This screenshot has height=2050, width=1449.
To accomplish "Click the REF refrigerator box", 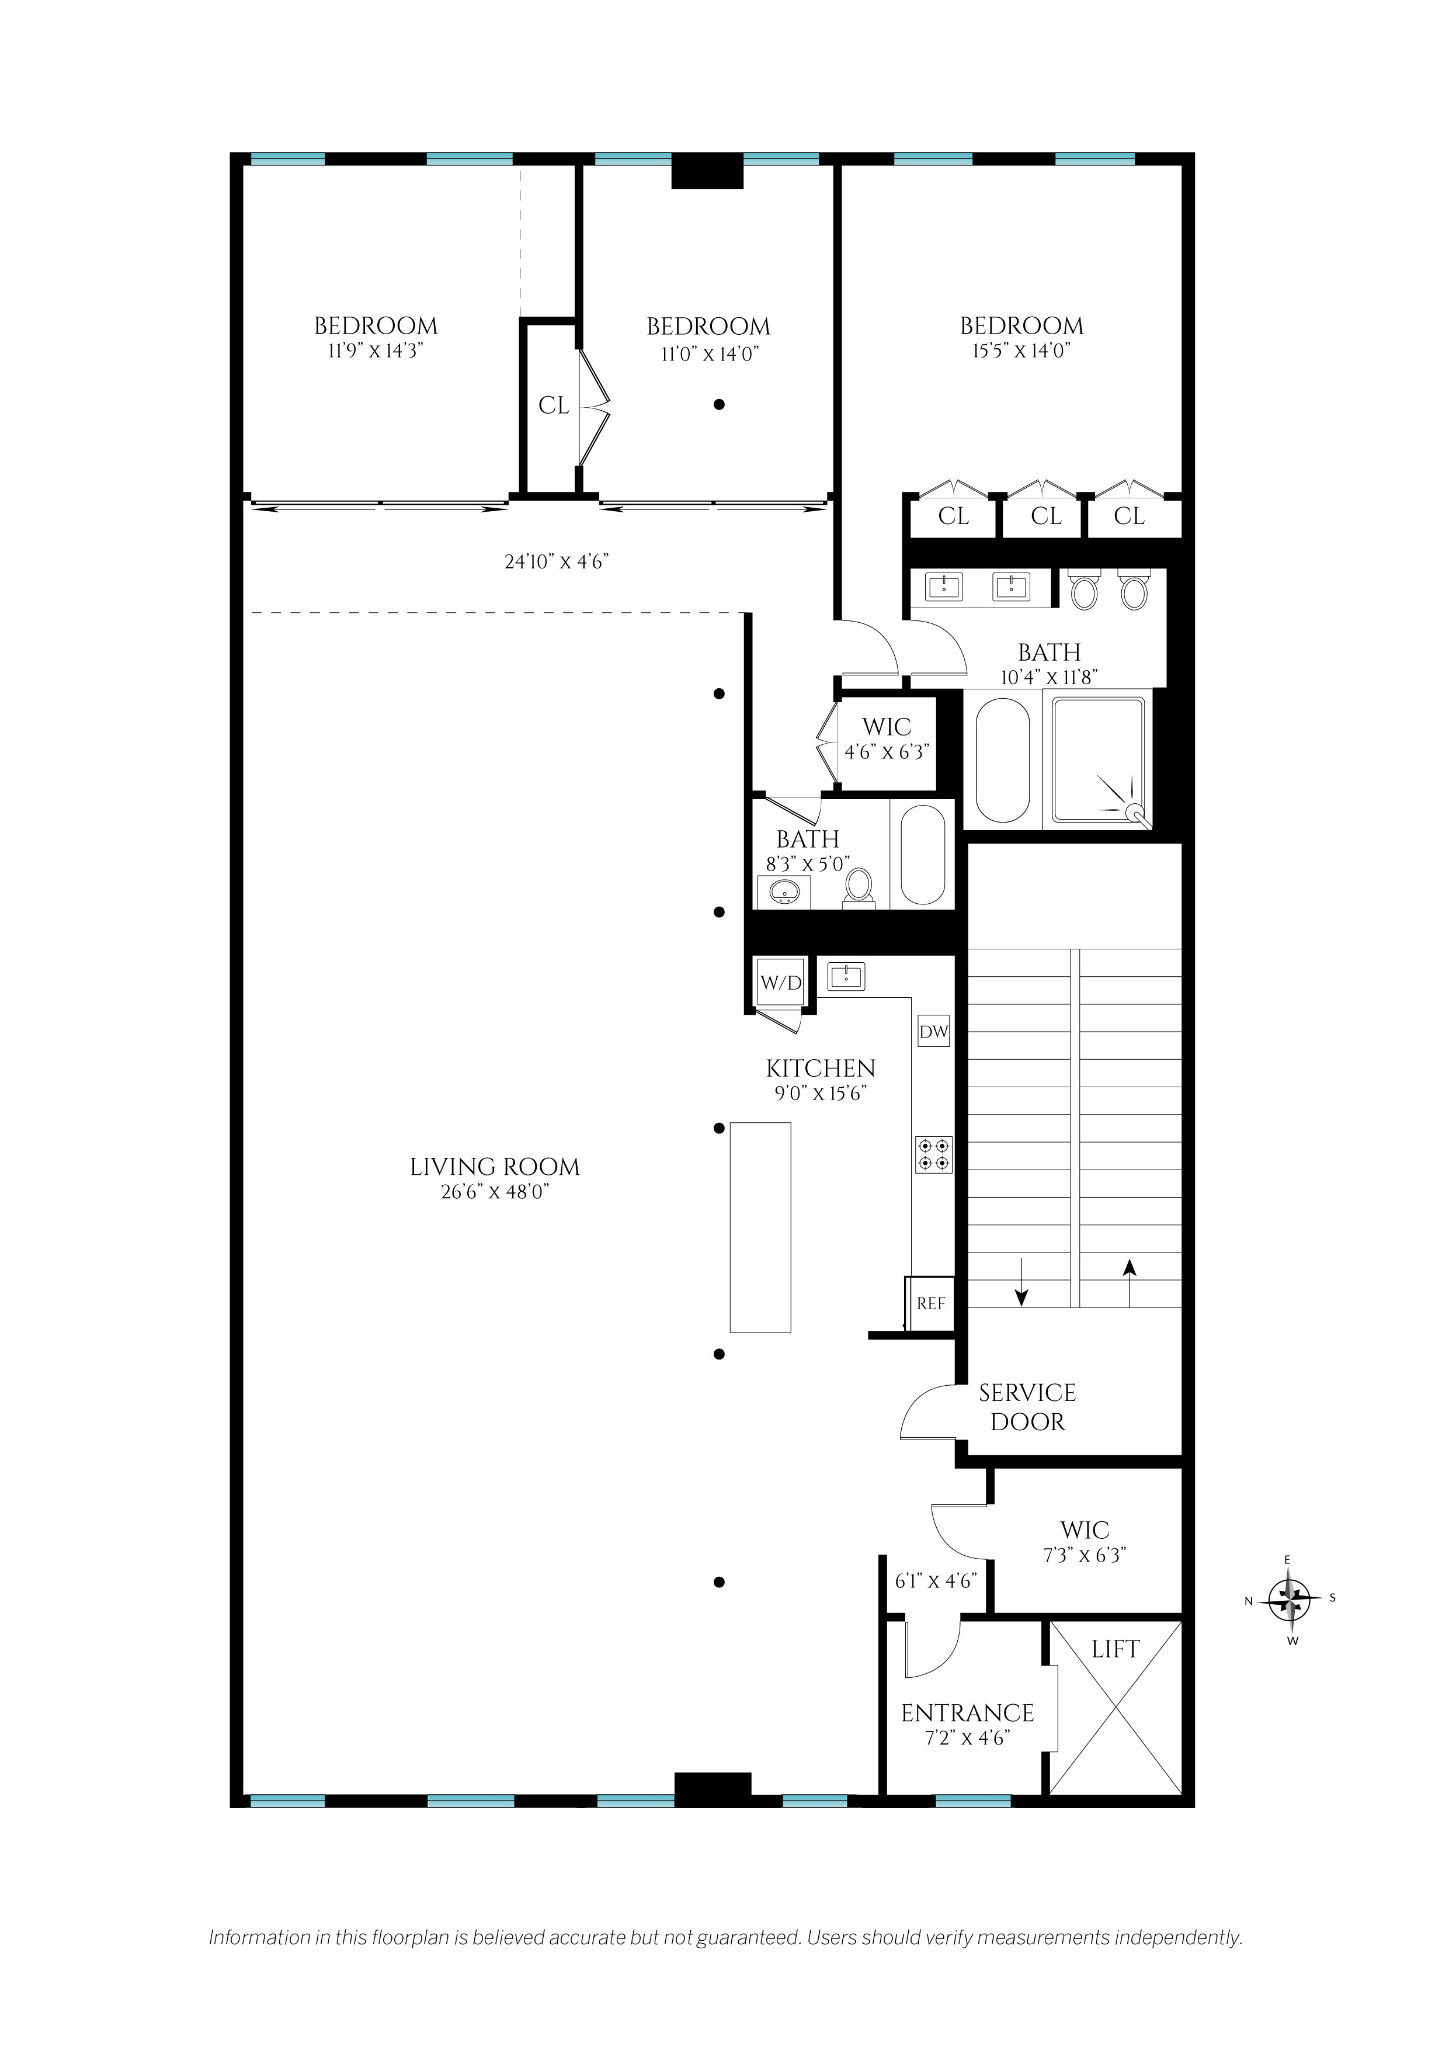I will click(x=930, y=1303).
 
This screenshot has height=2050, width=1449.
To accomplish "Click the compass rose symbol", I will click(x=1290, y=1599).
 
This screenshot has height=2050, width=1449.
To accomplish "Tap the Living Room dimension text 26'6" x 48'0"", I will click(x=495, y=1191).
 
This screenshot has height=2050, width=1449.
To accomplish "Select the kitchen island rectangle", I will click(x=760, y=1227).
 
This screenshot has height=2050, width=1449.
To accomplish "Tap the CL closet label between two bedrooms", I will click(x=554, y=406).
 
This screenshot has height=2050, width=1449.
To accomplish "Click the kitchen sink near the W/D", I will click(x=846, y=976).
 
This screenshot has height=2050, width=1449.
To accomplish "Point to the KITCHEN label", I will click(x=821, y=1068).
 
